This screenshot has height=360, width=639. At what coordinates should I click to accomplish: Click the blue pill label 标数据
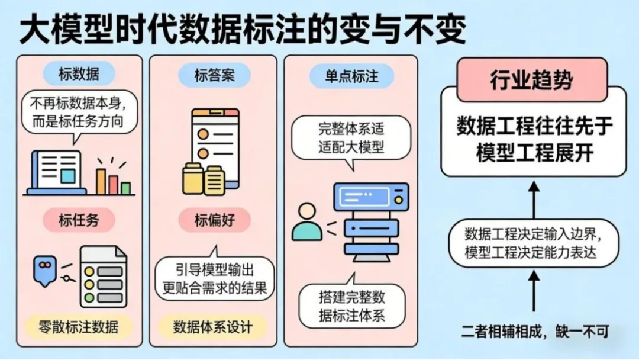[x=79, y=75]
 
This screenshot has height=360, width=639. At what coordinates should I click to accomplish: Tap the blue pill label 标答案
[x=214, y=75]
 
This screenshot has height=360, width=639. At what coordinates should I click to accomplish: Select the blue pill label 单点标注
[x=351, y=76]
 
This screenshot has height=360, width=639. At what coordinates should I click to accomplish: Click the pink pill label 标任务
[x=79, y=220]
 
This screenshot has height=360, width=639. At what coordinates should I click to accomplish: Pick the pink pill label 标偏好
[x=214, y=220]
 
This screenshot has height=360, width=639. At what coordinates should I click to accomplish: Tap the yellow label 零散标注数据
[x=79, y=326]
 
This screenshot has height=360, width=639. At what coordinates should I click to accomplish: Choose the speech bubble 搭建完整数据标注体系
[x=351, y=306]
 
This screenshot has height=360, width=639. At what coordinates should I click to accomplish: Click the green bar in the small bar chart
[x=125, y=188]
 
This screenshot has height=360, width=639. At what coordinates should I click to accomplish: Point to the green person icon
[x=306, y=222]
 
